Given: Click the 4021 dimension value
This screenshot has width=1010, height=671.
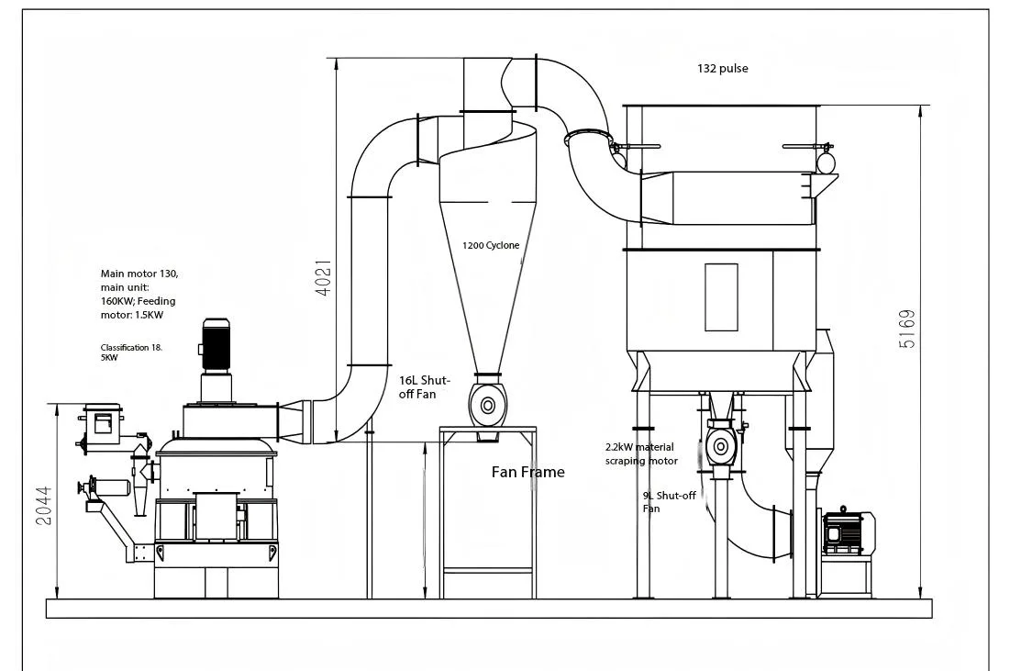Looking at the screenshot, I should coord(323,277).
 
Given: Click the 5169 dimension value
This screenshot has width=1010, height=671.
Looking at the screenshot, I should coord(907,329).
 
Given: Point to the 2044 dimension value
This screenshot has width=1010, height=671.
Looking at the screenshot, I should coord(43,505).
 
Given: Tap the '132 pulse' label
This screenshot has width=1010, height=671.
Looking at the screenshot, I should coord(722,69).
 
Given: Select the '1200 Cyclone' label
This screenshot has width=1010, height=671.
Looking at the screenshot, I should coord(490,245).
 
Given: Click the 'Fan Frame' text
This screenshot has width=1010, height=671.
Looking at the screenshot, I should coord(527,472).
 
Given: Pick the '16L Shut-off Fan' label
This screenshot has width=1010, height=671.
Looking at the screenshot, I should coord(424,386).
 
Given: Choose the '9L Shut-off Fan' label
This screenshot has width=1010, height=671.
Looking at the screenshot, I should coord(669,501).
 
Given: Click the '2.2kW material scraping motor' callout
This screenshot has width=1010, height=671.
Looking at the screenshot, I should coord(641,454).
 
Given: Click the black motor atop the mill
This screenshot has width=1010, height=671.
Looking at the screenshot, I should coord(216,346).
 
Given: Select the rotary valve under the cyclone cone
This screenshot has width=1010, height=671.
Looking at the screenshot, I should coord(487,405).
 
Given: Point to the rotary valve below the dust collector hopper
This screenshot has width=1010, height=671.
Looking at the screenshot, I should coord(720,447).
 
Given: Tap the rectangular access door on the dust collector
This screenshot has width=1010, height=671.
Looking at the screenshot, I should coord(721,296).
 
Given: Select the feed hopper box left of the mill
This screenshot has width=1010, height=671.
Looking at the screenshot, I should coord(102,423).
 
